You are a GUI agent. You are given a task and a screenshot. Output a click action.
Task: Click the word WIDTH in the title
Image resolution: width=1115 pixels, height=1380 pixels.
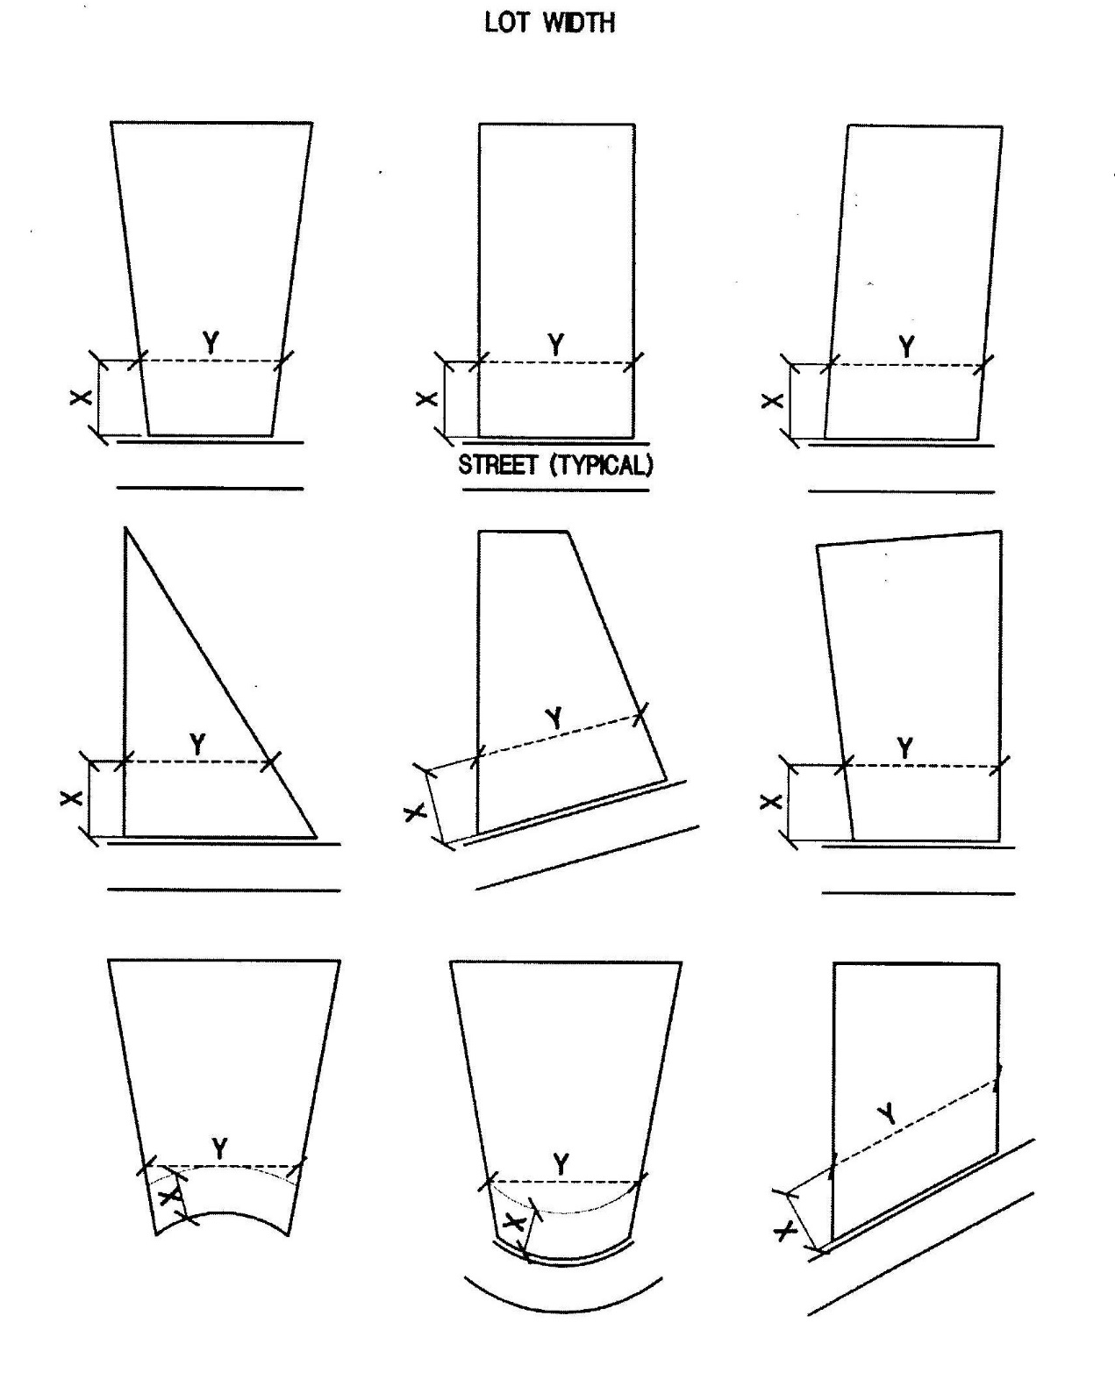coord(578,23)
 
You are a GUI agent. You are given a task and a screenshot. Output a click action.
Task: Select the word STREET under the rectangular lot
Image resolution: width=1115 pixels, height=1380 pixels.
coord(497,465)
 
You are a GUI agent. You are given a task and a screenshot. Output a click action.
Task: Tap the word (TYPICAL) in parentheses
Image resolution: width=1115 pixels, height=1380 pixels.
coord(601,465)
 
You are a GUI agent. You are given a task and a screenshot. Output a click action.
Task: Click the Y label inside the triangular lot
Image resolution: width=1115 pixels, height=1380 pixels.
coord(197,744)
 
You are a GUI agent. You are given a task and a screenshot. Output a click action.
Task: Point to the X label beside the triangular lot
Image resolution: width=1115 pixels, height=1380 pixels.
coord(70,798)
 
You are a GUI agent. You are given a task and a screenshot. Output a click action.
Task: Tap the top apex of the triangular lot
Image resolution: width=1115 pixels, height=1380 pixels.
coord(125,528)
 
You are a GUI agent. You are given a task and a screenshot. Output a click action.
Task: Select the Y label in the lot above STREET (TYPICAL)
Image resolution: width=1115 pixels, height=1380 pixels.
coord(556,346)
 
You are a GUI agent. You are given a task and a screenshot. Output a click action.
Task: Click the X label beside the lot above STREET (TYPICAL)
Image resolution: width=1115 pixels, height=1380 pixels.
coord(426,399)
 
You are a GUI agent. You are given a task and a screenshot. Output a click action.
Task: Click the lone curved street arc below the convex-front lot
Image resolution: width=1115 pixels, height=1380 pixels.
coord(563,1310)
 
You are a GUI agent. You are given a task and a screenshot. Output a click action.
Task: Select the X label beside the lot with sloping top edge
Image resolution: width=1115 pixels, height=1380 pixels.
coord(770,802)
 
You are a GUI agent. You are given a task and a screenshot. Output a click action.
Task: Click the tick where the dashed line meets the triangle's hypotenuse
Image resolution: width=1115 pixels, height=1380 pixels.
coord(270,762)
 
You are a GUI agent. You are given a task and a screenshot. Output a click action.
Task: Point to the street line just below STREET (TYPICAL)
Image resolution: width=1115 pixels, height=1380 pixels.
coord(555,490)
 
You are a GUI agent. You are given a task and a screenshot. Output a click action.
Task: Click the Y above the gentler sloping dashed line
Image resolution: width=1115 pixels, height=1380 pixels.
coord(554,719)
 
